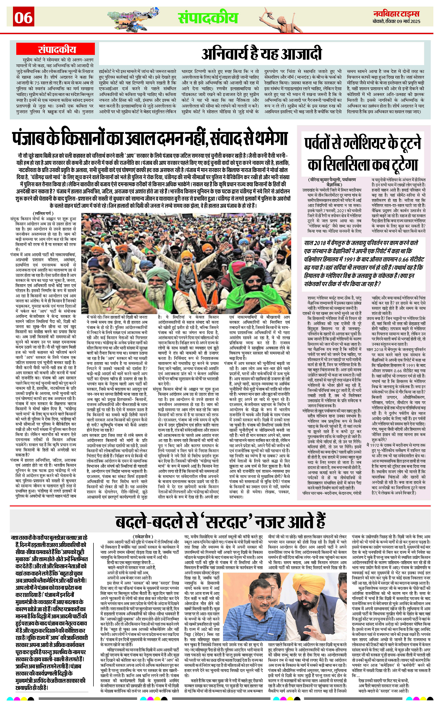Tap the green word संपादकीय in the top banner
click(x=208, y=17)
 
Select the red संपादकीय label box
click(x=56, y=50)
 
